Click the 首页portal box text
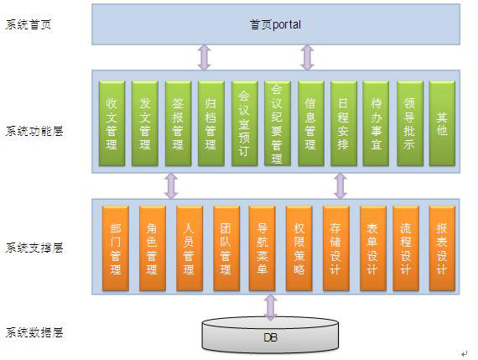click(275, 24)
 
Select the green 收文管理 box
click(112, 123)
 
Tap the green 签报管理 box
click(178, 123)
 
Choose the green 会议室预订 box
click(244, 123)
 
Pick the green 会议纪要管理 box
click(277, 123)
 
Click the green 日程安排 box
click(343, 123)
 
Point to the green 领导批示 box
click(410, 123)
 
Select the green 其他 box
click(442, 123)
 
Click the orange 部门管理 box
click(116, 248)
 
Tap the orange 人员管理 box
click(190, 248)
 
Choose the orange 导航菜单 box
click(262, 248)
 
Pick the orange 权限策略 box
click(299, 248)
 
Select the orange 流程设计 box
click(406, 248)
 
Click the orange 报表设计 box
click(442, 248)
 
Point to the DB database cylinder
click(270, 336)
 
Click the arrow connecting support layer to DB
click(270, 307)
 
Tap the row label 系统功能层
click(34, 131)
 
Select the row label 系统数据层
click(34, 332)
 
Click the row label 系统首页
click(28, 24)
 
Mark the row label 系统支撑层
click(34, 248)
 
